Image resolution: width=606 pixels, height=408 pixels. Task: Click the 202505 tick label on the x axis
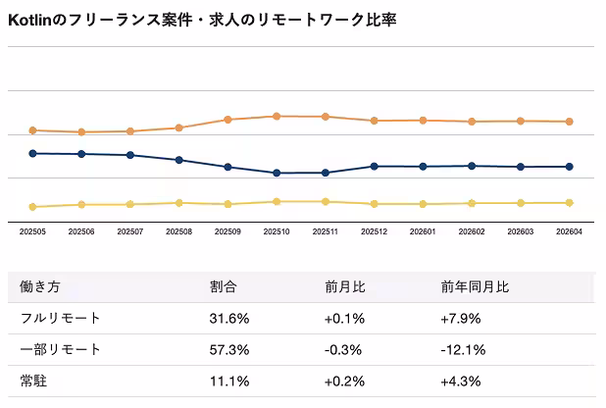32,232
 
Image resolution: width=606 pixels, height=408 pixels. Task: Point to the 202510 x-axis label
277,232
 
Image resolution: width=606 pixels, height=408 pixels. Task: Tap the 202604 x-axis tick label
569,232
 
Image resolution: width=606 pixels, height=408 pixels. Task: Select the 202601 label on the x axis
423,232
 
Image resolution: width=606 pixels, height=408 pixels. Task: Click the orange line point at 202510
277,116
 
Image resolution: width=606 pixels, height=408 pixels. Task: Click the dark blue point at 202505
32,153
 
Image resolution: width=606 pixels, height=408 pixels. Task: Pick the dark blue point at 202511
326,173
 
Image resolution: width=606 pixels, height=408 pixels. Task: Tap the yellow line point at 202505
32,207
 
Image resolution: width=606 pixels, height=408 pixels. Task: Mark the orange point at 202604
569,122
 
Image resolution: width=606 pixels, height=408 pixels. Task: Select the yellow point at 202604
569,203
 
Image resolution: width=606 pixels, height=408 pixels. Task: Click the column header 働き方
40,288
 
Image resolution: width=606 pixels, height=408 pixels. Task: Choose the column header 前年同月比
475,288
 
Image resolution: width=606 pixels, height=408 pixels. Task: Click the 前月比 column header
345,288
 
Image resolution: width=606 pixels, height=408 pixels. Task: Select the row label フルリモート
60,319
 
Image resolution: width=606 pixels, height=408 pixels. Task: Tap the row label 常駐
33,381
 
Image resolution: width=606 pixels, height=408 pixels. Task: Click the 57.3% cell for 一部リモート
229,350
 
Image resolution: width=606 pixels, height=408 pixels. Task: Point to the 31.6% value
229,319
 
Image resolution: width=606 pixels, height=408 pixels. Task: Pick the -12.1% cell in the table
462,350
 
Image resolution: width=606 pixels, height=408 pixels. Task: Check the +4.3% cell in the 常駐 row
460,381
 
